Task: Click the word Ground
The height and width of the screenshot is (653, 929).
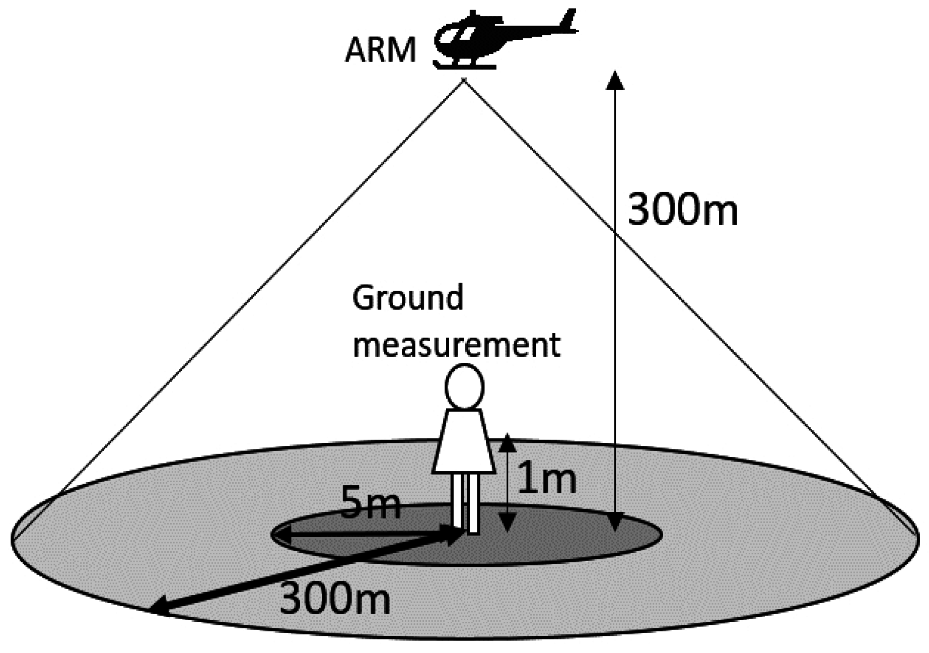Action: [407, 298]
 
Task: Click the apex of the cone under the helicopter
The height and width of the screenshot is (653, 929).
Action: [464, 81]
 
